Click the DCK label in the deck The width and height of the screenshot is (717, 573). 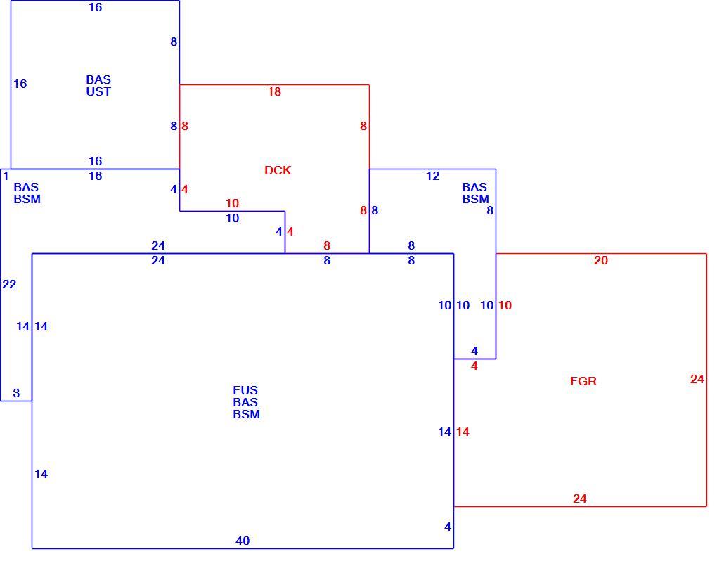click(278, 170)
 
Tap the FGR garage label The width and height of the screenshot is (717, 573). click(583, 381)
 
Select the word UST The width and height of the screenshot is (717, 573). click(98, 91)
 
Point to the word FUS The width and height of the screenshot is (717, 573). click(245, 390)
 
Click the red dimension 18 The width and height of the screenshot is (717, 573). click(274, 91)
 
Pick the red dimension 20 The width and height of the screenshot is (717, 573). click(601, 260)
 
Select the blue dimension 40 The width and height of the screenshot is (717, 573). click(243, 541)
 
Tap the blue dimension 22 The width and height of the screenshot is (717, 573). click(9, 285)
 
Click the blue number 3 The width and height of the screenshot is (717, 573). click(16, 393)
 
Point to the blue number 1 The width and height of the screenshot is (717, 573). click(6, 176)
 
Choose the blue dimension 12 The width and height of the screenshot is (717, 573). click(432, 176)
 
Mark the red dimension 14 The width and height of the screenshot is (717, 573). click(463, 432)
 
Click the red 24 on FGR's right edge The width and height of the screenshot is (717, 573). click(697, 379)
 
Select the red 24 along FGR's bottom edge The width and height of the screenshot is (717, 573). click(580, 498)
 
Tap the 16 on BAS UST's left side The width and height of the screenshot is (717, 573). click(20, 84)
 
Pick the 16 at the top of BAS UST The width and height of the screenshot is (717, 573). click(95, 7)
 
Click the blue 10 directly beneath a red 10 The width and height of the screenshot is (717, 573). click(232, 218)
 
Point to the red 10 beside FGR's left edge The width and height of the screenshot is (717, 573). click(505, 305)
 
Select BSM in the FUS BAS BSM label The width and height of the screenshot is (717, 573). click(247, 414)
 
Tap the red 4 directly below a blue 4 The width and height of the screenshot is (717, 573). click(474, 366)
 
